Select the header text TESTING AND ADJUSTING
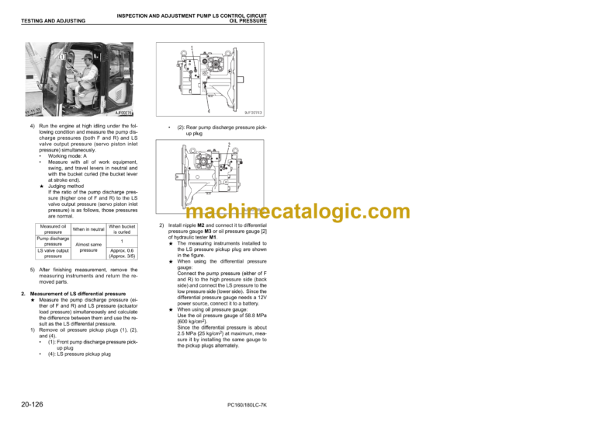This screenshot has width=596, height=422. pyautogui.click(x=54, y=21)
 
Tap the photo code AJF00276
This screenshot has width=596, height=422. pyautogui.click(x=121, y=113)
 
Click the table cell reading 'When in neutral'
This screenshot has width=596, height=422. pyautogui.click(x=88, y=229)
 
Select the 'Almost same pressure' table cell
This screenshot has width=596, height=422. pyautogui.click(x=88, y=247)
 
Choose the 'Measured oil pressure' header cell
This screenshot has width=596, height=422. pyautogui.click(x=54, y=229)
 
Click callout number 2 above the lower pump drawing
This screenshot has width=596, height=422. pyautogui.click(x=229, y=145)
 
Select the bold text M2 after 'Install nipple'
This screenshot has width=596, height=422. pyautogui.click(x=199, y=225)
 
